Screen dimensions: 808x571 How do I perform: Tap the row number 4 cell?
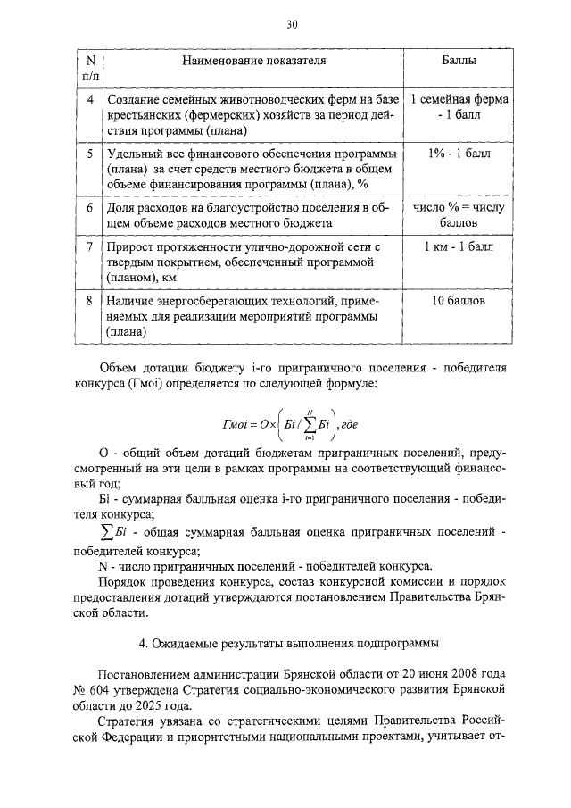tap(90, 99)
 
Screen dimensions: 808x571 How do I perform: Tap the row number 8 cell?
tap(90, 301)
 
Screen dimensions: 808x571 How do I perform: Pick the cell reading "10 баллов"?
tap(459, 301)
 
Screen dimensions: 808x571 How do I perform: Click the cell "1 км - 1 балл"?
tap(459, 246)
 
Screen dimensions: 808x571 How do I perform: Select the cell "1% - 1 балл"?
tap(459, 154)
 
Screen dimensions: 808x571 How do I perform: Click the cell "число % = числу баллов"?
tap(459, 215)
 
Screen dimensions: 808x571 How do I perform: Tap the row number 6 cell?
tap(90, 208)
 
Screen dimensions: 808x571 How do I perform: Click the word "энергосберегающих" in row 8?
tap(224, 301)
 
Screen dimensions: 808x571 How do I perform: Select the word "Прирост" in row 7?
tap(130, 246)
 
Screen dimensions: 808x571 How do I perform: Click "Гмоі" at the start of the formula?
tap(236, 426)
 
